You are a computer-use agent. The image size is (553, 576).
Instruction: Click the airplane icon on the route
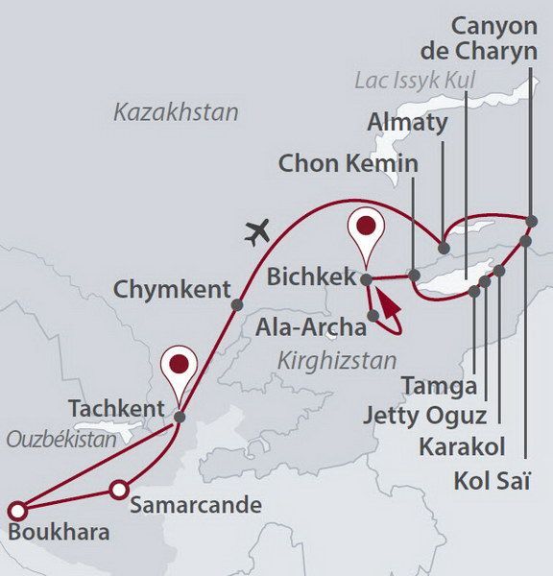[x=258, y=231]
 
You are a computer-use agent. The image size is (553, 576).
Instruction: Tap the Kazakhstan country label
[x=176, y=113]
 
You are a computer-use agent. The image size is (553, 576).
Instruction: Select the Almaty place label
[x=407, y=122]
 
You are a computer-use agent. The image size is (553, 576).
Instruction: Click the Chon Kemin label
[x=349, y=163]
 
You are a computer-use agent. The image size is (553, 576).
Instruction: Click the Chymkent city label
[x=171, y=289]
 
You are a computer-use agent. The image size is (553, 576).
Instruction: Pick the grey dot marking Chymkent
[x=237, y=305]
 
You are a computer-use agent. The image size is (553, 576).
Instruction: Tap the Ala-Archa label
[x=311, y=327]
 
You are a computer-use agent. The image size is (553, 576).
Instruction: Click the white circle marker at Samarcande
[x=118, y=490]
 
